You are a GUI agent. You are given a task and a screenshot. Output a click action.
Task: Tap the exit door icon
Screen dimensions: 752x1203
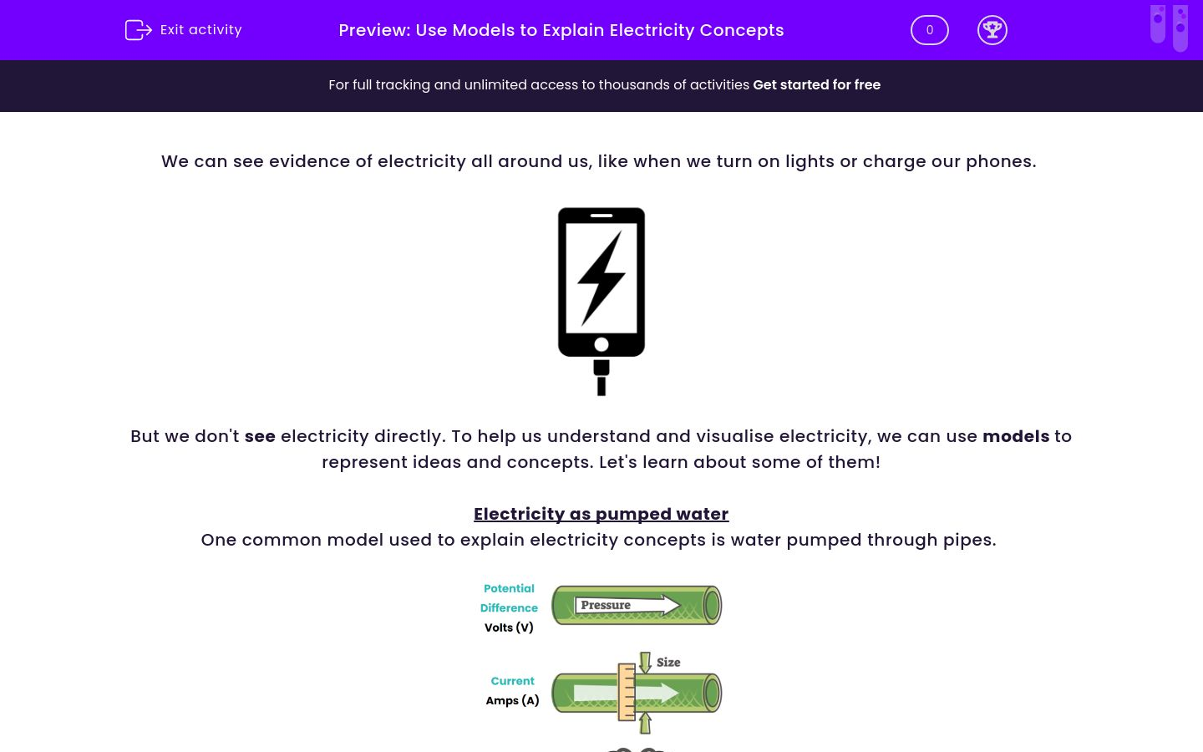138,30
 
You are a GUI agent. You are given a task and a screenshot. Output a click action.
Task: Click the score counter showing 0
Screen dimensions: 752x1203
929,30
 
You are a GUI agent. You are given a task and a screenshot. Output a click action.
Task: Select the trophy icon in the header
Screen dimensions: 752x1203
992,30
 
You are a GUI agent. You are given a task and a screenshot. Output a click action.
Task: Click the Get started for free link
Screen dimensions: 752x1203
816,84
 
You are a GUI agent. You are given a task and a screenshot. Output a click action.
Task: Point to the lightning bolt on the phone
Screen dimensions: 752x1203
601,277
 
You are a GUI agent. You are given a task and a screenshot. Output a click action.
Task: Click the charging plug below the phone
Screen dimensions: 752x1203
601,377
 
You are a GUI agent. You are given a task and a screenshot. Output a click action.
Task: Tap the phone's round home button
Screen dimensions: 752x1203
601,345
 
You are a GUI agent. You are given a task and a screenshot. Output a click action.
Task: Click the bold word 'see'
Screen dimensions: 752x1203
260,436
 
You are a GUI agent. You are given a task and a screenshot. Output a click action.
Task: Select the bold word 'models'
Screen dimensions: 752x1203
1015,436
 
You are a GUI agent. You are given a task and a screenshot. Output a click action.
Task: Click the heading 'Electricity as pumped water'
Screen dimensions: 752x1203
601,514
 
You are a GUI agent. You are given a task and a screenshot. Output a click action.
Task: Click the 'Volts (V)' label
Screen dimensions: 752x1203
509,628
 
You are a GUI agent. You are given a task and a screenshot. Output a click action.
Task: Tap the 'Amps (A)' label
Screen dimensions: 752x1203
512,700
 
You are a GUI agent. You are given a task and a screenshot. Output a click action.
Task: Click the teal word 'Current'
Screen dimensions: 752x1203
512,681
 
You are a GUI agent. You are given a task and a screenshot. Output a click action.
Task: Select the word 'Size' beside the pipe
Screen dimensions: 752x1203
668,663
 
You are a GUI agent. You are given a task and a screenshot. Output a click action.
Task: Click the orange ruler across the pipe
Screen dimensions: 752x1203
627,692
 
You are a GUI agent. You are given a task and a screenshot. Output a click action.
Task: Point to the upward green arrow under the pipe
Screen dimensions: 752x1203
645,723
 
